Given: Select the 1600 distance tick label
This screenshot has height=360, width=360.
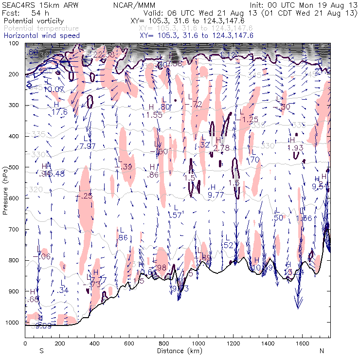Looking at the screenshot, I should (x=302, y=343).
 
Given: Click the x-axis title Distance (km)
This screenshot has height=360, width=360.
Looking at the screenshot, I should (x=177, y=350).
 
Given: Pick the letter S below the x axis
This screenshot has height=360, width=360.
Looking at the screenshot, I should (x=41, y=351).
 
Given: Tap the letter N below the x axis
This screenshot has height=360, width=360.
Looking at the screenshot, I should (x=322, y=351).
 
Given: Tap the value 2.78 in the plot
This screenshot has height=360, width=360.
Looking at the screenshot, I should (x=221, y=147).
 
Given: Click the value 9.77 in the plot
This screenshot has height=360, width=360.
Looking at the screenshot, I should (x=216, y=195).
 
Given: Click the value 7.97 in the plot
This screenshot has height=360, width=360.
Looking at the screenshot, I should (x=88, y=146).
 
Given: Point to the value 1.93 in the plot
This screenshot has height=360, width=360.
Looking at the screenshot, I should (x=295, y=147).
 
